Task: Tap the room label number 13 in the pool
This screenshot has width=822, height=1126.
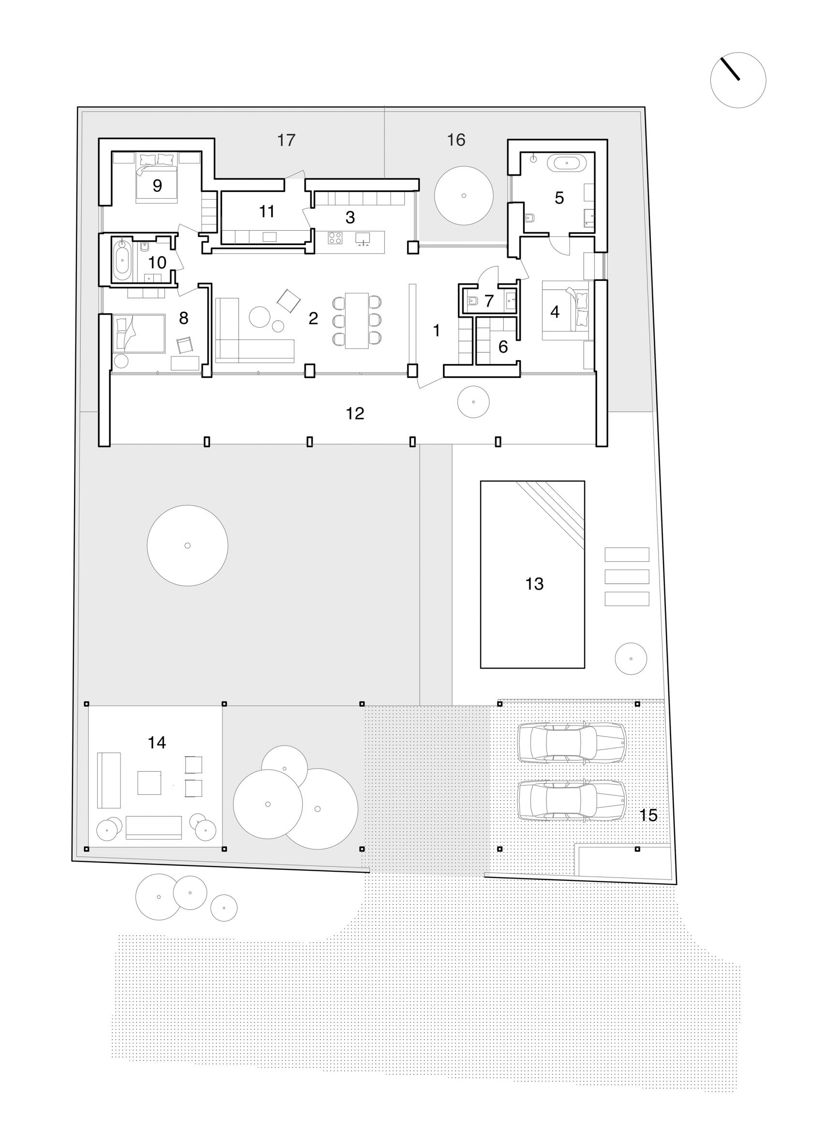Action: coord(534,584)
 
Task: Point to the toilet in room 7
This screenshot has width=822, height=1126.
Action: coord(473,301)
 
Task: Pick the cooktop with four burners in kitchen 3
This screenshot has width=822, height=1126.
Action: coord(335,238)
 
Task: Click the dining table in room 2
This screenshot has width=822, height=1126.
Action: coord(357,321)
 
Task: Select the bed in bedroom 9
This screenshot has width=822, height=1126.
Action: coord(157,177)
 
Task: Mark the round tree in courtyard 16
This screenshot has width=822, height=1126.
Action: coord(464,195)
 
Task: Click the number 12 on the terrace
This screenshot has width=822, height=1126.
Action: coord(355,413)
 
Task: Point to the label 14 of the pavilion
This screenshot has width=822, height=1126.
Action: coord(157,743)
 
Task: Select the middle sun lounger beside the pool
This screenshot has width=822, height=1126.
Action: coord(627,577)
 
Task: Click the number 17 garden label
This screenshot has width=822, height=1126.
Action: coord(286,140)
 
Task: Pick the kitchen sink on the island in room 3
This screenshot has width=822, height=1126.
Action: coord(364,238)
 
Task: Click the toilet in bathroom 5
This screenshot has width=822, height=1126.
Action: coord(529,218)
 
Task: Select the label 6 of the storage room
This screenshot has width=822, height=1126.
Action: coord(503,347)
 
